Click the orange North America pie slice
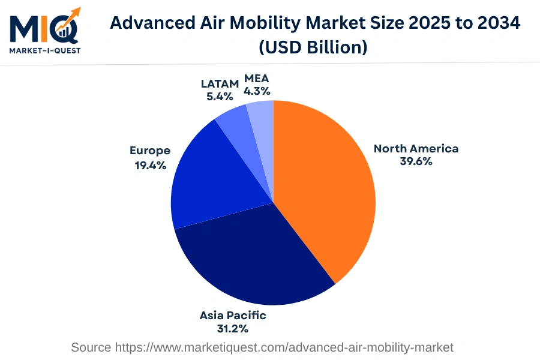pos(324,186)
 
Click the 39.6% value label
pos(416,161)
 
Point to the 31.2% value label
pos(233,328)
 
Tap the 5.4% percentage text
pos(220,96)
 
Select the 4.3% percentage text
pos(257,92)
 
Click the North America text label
pos(416,148)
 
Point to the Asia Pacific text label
pos(233,315)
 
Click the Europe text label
pos(150,151)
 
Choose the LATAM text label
pos(220,83)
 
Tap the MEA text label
pos(257,79)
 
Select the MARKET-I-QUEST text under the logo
pos(45,50)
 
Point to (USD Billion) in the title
pos(313,47)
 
